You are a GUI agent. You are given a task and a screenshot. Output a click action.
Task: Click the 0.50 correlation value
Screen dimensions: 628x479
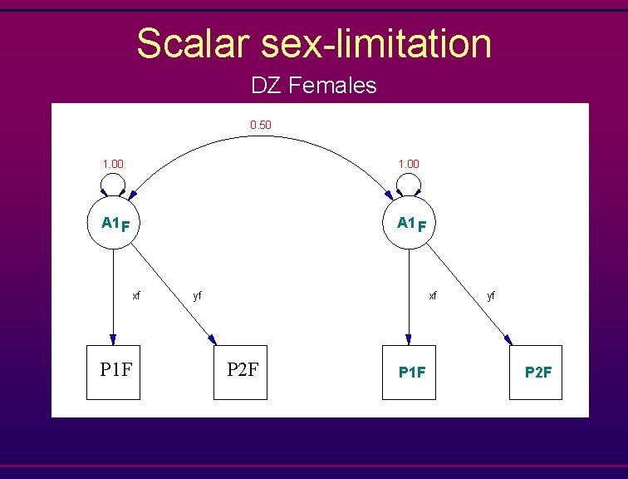pyautogui.click(x=261, y=126)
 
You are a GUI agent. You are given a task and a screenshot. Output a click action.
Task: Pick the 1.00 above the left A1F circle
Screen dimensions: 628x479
pyautogui.click(x=112, y=164)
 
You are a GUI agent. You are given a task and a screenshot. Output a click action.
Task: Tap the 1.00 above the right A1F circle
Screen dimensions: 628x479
pyautogui.click(x=408, y=164)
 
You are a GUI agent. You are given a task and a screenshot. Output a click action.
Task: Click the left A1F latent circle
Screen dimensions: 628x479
pyautogui.click(x=113, y=224)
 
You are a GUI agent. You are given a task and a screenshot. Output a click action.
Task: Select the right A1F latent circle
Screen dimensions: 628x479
pyautogui.click(x=408, y=224)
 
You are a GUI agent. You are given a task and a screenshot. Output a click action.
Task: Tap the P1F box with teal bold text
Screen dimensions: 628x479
pyautogui.click(x=409, y=373)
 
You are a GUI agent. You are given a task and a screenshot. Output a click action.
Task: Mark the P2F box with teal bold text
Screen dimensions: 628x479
pyautogui.click(x=536, y=373)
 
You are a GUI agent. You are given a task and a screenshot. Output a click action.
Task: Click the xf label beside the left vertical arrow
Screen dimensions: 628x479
pyautogui.click(x=136, y=295)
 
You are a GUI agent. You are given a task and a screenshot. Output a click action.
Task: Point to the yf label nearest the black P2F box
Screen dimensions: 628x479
pyautogui.click(x=197, y=295)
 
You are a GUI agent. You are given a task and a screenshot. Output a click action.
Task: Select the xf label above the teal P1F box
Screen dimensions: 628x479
pyautogui.click(x=432, y=295)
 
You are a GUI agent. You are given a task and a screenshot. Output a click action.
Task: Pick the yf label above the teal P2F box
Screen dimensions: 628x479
pyautogui.click(x=492, y=295)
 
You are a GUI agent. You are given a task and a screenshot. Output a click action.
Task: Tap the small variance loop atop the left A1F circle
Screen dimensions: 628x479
pyautogui.click(x=112, y=181)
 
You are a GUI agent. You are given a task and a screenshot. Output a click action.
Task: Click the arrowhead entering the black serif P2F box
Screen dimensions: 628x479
pyautogui.click(x=213, y=339)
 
